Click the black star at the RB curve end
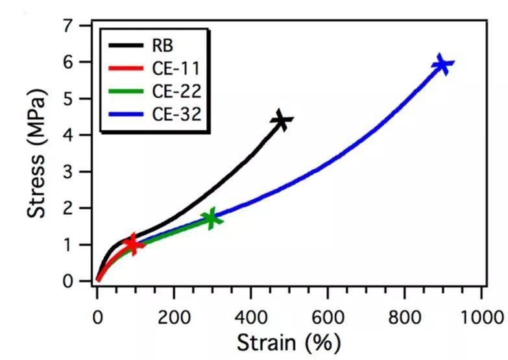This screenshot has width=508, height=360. pyautogui.click(x=282, y=121)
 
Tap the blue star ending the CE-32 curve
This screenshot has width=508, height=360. pyautogui.click(x=442, y=64)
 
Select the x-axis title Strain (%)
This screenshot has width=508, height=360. pyautogui.click(x=287, y=342)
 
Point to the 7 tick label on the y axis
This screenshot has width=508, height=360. pyautogui.click(x=84, y=26)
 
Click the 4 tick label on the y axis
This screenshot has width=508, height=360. pyautogui.click(x=84, y=136)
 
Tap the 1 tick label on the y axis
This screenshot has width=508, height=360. pyautogui.click(x=84, y=245)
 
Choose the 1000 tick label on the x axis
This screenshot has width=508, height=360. pyautogui.click(x=481, y=318)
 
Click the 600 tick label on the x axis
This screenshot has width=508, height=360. pyautogui.click(x=327, y=318)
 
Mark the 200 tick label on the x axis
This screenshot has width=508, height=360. pyautogui.click(x=173, y=318)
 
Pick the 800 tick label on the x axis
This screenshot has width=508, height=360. pyautogui.click(x=404, y=318)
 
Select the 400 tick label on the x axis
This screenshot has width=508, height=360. pyautogui.click(x=250, y=318)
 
